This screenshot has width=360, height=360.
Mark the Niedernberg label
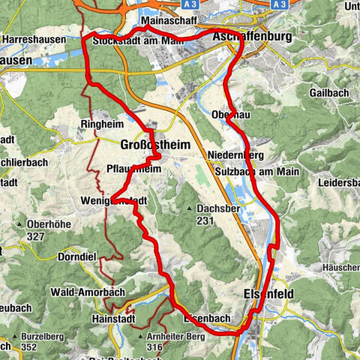(235, 157)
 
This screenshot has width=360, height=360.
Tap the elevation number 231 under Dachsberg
(205, 221)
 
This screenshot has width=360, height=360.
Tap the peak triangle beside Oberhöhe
(18, 223)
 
